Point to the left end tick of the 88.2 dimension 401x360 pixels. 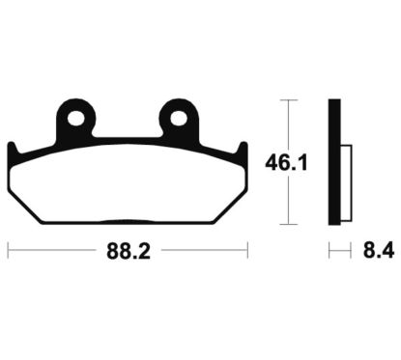click(x=9, y=255)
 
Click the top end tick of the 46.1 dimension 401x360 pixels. click(x=287, y=99)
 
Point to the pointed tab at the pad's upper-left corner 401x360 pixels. click(x=13, y=147)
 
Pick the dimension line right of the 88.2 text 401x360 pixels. click(x=203, y=255)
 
